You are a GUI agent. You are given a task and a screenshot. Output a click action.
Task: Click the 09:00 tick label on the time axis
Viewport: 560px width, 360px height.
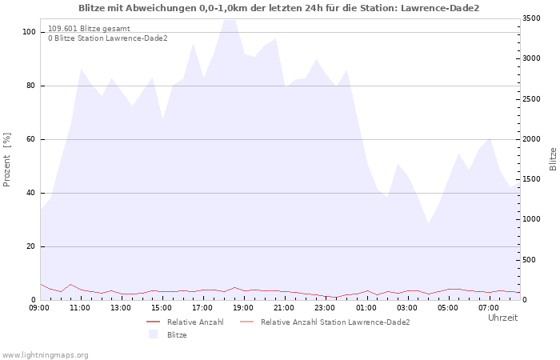pos(39,308)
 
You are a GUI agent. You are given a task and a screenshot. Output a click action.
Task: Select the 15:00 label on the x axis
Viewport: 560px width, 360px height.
pos(162,308)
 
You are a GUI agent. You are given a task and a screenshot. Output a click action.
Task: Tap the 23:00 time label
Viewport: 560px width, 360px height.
pos(325,308)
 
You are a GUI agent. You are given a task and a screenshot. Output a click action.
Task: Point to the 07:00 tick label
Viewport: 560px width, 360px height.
pos(488,308)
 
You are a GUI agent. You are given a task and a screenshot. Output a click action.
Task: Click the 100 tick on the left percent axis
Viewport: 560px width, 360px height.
pos(29,32)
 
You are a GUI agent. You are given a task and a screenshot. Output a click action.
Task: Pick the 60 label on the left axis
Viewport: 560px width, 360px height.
pos(30,139)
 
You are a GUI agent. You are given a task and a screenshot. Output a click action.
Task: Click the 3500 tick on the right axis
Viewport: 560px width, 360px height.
pos(531,18)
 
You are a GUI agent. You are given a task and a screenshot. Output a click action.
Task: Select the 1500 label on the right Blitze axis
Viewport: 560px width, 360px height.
pos(531,179)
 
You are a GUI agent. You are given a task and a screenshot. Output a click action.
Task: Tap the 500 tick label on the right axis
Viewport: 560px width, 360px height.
pos(530,260)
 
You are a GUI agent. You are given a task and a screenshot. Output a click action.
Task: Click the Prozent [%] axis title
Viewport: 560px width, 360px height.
pos(6,160)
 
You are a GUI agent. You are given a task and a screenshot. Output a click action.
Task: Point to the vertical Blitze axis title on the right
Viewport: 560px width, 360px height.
pos(553,159)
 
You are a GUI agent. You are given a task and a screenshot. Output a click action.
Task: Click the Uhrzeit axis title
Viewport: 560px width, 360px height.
pos(503,318)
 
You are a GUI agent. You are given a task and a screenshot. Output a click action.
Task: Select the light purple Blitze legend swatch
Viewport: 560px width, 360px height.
pos(154,334)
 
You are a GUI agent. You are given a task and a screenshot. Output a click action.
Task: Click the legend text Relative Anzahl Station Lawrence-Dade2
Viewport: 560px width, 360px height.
pos(335,322)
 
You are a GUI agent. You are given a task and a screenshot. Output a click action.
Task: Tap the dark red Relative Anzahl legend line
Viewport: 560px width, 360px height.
pos(154,322)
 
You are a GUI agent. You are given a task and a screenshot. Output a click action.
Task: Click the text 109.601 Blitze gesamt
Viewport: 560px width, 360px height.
pos(90,29)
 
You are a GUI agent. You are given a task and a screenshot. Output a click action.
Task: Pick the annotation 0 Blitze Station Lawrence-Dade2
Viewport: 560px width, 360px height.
pos(108,38)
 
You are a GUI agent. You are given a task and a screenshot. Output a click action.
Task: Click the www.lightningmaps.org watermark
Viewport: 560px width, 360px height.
pos(45,355)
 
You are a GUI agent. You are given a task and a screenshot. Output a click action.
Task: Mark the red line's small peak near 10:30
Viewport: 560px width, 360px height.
pos(70,285)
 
